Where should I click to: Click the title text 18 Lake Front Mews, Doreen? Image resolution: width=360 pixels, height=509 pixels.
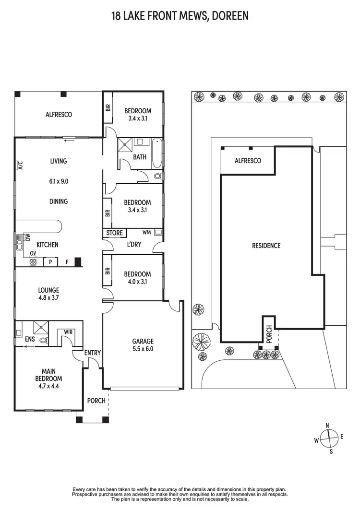180,16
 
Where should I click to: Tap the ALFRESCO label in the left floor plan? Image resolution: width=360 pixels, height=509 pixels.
59,115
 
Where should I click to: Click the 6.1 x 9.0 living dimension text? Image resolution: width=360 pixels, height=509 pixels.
59,182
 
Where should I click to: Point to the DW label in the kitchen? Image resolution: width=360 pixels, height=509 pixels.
28,237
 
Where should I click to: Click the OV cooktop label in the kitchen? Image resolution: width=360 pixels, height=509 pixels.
33,254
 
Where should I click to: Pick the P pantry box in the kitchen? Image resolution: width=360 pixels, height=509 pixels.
50,262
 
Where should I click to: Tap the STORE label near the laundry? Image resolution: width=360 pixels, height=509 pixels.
114,233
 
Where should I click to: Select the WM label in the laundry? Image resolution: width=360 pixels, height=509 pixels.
146,232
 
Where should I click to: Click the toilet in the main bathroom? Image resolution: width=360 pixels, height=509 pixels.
158,176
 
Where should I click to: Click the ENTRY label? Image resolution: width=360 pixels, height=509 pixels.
93,353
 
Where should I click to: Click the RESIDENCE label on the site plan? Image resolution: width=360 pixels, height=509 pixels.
266,246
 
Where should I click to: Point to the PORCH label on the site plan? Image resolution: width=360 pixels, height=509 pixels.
268,331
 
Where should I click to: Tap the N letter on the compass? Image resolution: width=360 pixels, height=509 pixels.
327,426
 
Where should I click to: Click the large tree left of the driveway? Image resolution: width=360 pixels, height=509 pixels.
201,343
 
